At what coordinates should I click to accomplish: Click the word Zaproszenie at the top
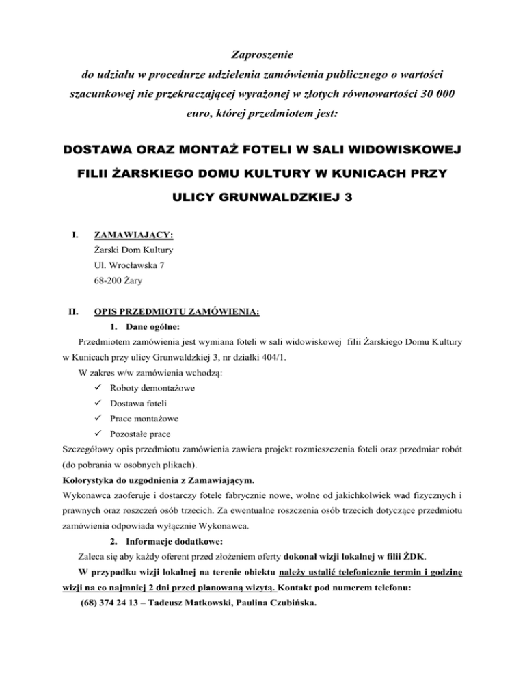262,52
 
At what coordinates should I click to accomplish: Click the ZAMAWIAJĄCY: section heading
133,235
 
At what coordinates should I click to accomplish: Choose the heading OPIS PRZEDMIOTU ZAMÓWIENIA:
176,312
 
